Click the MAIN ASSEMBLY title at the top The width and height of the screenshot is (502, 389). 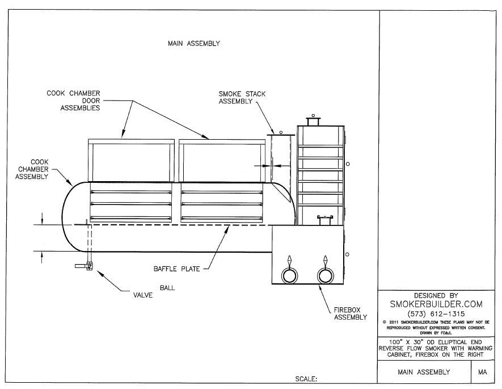(193, 43)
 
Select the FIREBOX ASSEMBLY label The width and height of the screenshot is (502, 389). (350, 313)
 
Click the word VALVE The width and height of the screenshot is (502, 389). (143, 295)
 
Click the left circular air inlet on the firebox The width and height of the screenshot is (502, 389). (289, 275)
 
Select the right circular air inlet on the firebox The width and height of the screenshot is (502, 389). (325, 275)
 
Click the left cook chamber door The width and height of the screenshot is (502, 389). (131, 161)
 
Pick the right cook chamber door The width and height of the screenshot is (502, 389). (221, 161)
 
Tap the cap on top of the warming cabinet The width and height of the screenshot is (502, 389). (313, 121)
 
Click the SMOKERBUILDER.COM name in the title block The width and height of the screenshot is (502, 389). (436, 304)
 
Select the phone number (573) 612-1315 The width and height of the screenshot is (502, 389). (436, 314)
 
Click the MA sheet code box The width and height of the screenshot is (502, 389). (483, 372)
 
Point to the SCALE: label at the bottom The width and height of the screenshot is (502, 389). (306, 378)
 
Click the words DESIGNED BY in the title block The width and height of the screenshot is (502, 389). (436, 295)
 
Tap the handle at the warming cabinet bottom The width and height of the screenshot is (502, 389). (324, 217)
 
